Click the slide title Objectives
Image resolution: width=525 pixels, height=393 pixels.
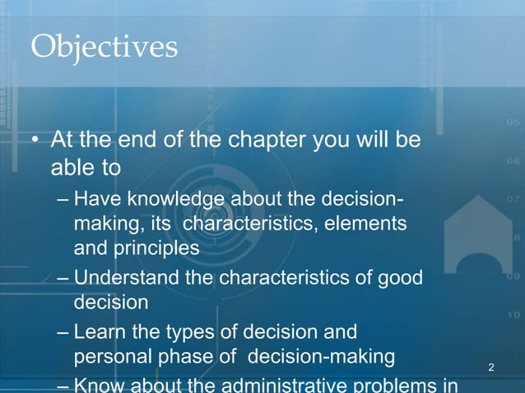pos(104,46)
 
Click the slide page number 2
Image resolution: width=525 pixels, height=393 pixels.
pos(491,366)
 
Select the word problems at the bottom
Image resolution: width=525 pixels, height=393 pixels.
pos(395,386)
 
